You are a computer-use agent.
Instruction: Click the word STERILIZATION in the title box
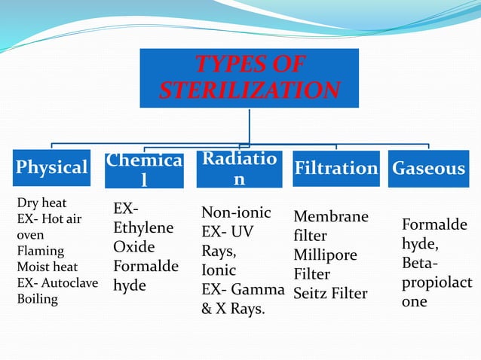(249, 91)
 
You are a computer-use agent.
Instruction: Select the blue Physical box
(52, 167)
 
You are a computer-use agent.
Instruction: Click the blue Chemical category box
(143, 169)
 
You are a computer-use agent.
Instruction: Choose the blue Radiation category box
(238, 169)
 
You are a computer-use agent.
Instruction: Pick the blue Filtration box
(335, 168)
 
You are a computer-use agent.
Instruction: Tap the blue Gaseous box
(428, 168)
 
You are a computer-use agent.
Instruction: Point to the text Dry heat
(41, 203)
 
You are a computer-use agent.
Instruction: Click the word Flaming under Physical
(40, 251)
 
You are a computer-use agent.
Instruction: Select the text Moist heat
(47, 267)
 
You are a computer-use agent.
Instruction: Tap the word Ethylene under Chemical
(142, 227)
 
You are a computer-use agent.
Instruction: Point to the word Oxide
(133, 247)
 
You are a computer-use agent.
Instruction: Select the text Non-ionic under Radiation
(236, 212)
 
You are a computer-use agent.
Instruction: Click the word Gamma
(259, 289)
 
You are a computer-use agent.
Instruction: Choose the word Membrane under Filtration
(331, 217)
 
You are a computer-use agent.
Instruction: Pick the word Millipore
(325, 255)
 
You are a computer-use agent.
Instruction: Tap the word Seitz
(311, 293)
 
